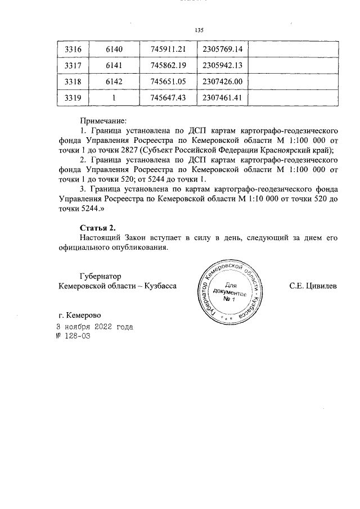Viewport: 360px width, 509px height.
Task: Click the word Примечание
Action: point(103,120)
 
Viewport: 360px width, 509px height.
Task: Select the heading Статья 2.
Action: point(97,227)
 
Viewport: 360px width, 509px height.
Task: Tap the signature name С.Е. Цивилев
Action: point(313,286)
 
